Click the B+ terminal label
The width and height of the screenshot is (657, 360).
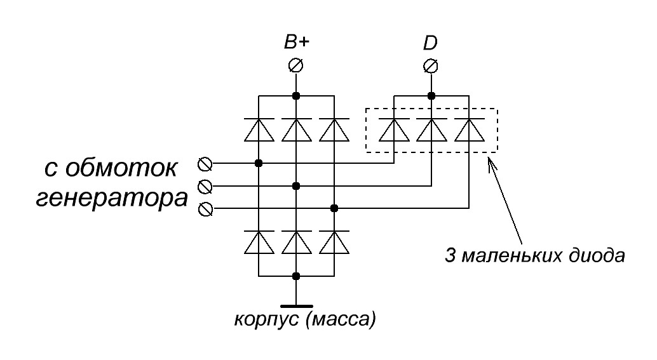(x=296, y=43)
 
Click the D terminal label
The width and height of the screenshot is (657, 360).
(x=430, y=44)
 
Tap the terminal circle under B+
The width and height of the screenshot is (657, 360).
(x=296, y=65)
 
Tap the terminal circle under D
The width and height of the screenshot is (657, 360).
(x=431, y=65)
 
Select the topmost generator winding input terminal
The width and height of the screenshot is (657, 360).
(x=205, y=163)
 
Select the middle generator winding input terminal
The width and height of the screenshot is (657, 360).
(x=205, y=186)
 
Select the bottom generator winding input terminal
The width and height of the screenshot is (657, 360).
(x=205, y=208)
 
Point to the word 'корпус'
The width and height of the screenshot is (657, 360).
(x=266, y=318)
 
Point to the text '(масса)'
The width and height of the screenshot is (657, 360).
(x=341, y=318)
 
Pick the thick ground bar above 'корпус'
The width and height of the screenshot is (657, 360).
(x=296, y=305)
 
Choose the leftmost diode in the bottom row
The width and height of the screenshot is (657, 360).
(x=259, y=242)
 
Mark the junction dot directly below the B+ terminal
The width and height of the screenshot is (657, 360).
(x=296, y=96)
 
